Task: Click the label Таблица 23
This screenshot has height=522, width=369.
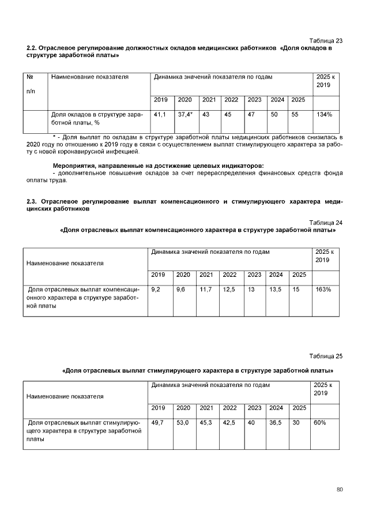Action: pyautogui.click(x=326, y=40)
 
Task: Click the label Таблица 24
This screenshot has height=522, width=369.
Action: pyautogui.click(x=326, y=222)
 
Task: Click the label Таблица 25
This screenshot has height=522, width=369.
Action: pyautogui.click(x=326, y=356)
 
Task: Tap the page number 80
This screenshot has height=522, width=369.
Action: pyautogui.click(x=340, y=490)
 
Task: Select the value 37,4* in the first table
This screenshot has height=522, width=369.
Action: pyautogui.click(x=185, y=115)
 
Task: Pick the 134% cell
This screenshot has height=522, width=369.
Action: pyautogui.click(x=324, y=115)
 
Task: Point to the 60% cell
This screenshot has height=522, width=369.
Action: pyautogui.click(x=320, y=423)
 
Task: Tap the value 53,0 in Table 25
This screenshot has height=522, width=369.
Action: pyautogui.click(x=183, y=423)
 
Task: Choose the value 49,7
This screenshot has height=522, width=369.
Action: pyautogui.click(x=157, y=423)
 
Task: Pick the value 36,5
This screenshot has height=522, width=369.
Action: pyautogui.click(x=276, y=423)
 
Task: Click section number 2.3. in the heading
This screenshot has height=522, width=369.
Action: pyautogui.click(x=32, y=202)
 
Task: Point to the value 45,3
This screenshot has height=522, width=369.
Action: pyautogui.click(x=206, y=423)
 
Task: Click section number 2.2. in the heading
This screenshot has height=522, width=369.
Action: pyautogui.click(x=32, y=48)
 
